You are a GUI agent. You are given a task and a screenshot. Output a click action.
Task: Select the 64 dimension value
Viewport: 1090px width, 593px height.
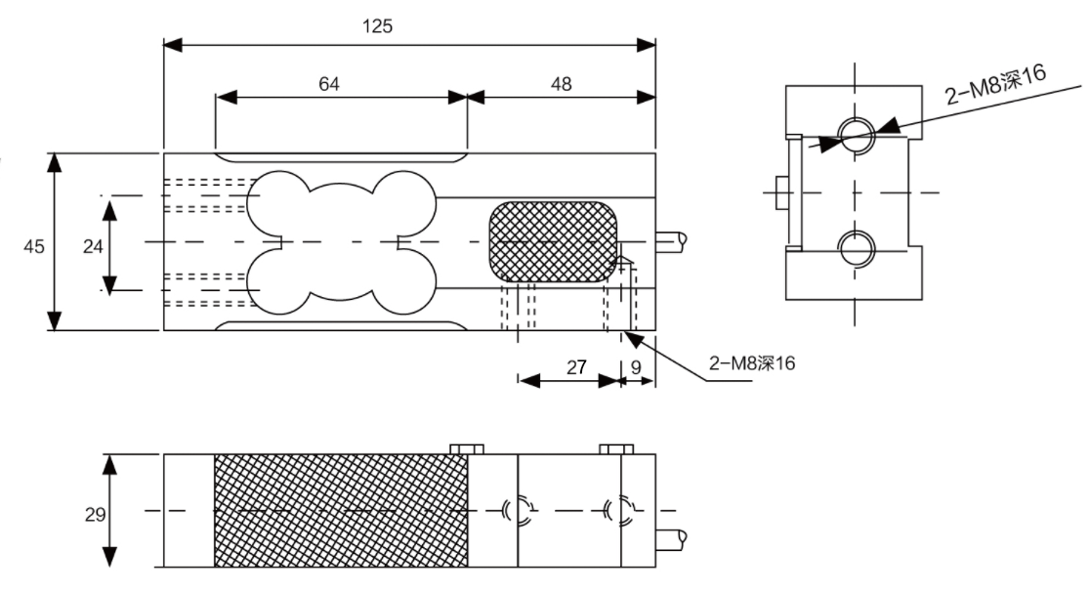pyautogui.click(x=329, y=84)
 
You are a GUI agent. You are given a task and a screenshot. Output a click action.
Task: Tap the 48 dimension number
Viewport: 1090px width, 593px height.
pyautogui.click(x=562, y=84)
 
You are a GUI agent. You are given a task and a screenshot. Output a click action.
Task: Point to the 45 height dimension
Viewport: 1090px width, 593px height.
pyautogui.click(x=34, y=247)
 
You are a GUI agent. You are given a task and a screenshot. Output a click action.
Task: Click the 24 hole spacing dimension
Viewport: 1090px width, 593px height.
pyautogui.click(x=93, y=247)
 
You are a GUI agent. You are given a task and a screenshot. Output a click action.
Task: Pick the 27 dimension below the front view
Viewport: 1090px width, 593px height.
pyautogui.click(x=576, y=367)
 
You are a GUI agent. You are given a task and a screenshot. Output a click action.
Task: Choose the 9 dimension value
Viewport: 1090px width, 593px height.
pyautogui.click(x=637, y=367)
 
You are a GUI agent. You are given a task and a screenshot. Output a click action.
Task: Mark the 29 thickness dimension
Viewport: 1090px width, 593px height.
pyautogui.click(x=95, y=514)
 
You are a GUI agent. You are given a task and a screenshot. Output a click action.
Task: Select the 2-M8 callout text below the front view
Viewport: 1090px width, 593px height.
pyautogui.click(x=753, y=363)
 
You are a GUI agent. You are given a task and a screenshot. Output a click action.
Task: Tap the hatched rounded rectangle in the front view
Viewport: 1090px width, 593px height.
pyautogui.click(x=553, y=240)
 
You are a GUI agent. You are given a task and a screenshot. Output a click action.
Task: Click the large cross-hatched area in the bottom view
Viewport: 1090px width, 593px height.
pyautogui.click(x=341, y=510)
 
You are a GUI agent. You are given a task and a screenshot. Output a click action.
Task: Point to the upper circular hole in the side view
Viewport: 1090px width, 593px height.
pyautogui.click(x=856, y=135)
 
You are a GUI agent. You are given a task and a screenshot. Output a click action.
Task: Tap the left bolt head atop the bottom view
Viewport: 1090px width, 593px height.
pyautogui.click(x=468, y=448)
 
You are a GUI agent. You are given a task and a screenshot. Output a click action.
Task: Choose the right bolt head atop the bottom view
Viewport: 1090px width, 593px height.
pyautogui.click(x=616, y=448)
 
